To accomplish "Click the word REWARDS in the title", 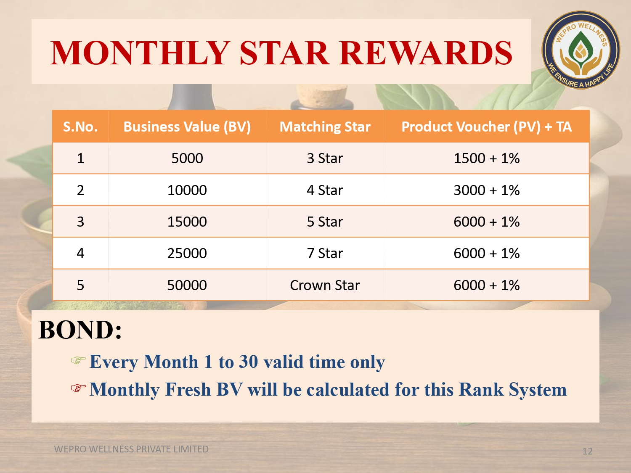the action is tap(426, 53).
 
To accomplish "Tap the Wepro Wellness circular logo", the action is tap(581, 50).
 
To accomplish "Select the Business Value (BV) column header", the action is tap(187, 127).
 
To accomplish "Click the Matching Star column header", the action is tap(325, 127).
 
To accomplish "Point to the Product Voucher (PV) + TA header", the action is tap(486, 127).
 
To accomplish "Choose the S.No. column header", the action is tap(80, 127).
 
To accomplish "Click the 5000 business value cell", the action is tap(187, 158).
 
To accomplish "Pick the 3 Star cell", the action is tap(325, 158).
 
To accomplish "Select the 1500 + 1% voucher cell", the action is tap(486, 158).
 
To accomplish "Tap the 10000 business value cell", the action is tap(187, 190).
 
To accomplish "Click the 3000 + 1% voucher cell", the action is tap(486, 190).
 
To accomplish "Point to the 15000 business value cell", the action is tap(187, 222).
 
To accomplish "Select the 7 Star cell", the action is tap(325, 253).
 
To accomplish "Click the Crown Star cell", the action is tap(325, 285).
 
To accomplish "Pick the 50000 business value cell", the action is tap(187, 285).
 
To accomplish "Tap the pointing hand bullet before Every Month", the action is tap(78, 360).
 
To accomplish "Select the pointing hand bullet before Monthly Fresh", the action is tap(78, 388).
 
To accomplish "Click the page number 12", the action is tap(587, 451).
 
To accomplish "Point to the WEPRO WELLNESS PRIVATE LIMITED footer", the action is tap(131, 449).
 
